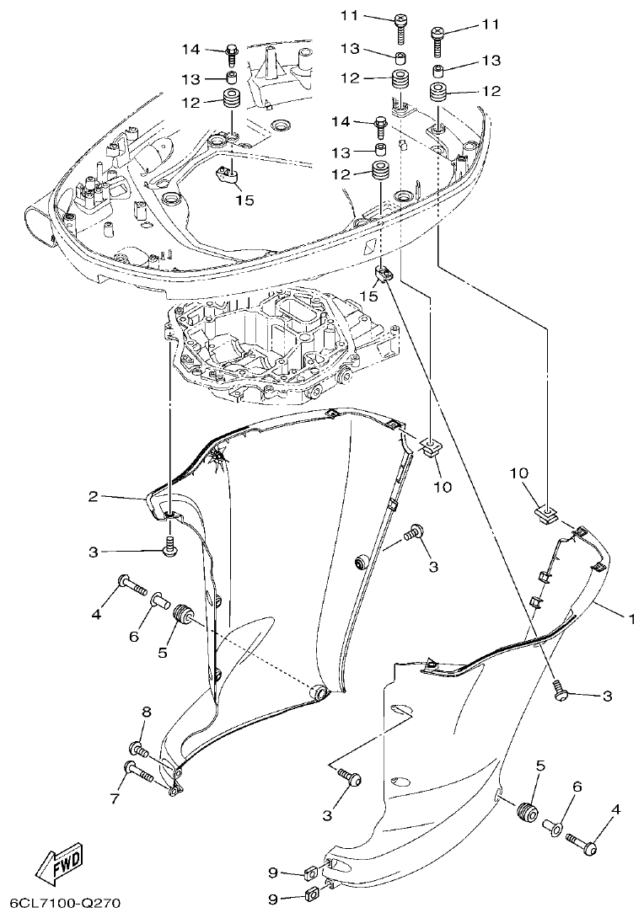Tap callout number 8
tap(146, 713)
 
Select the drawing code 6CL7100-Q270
tap(61, 904)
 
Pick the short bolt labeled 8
tap(140, 748)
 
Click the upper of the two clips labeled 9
tap(310, 873)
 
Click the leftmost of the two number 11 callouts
tap(349, 15)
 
